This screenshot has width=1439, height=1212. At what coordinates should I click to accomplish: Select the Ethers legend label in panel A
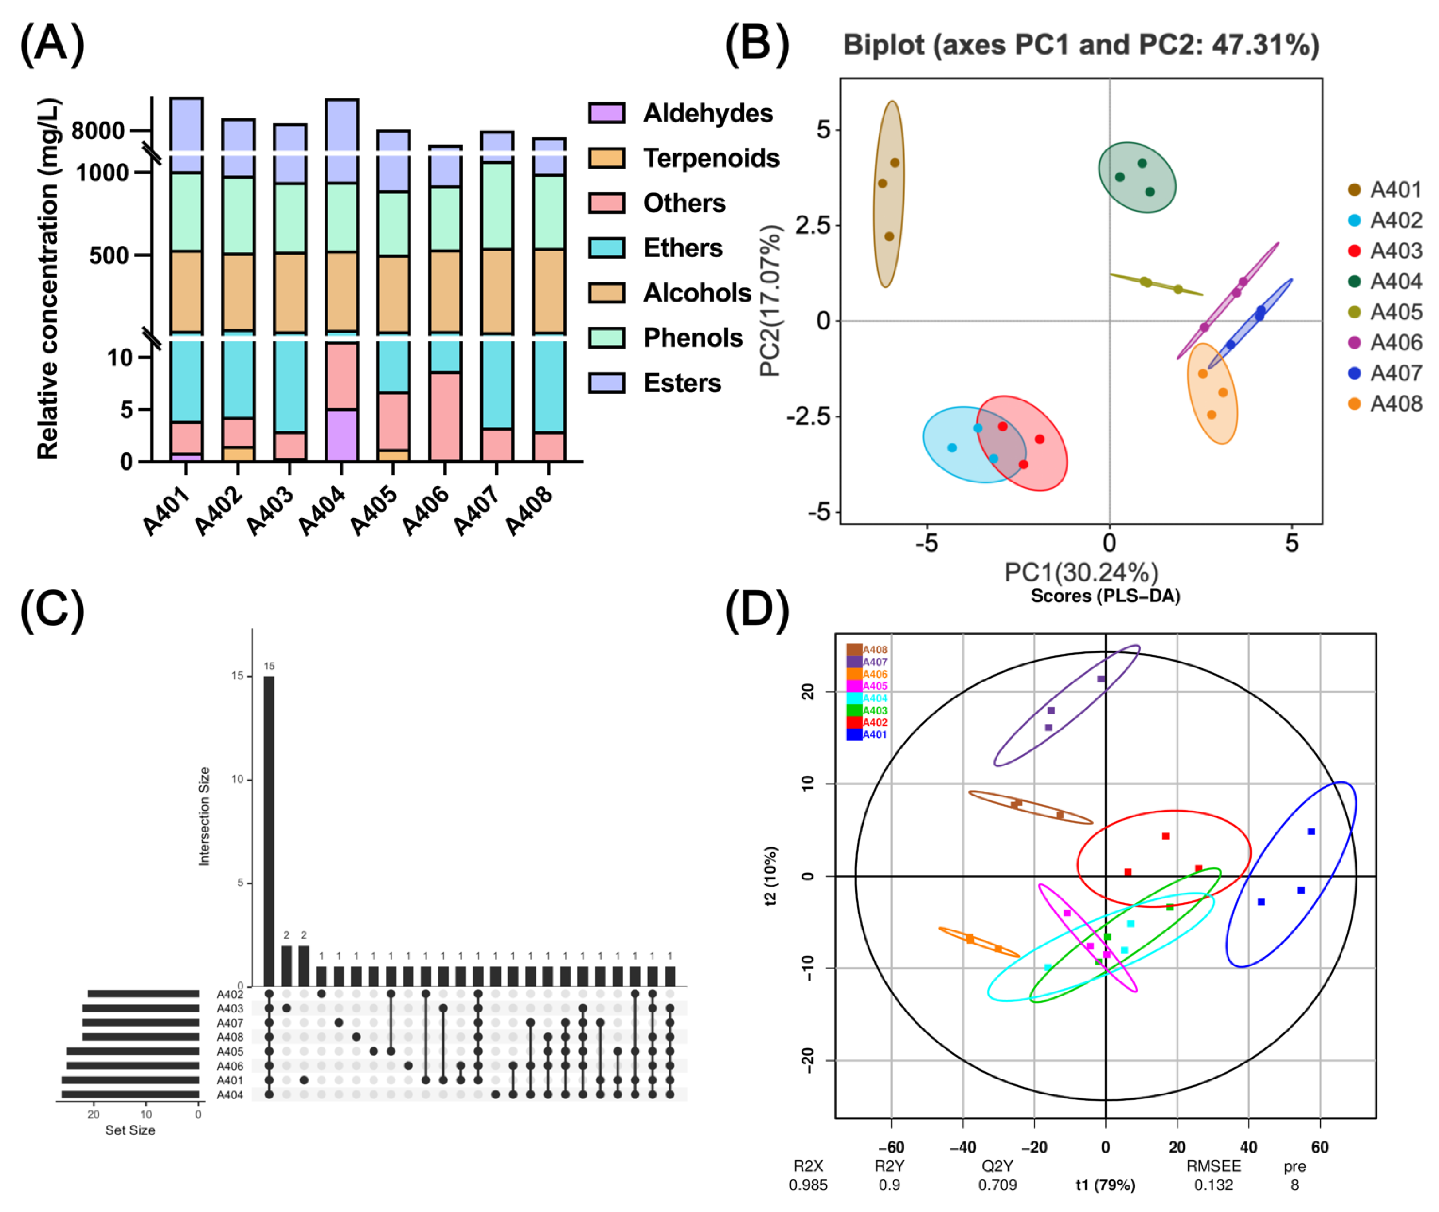(683, 248)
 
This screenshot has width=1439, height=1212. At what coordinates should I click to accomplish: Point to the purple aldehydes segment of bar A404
(341, 435)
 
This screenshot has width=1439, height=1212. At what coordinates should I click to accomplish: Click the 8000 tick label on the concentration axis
(98, 130)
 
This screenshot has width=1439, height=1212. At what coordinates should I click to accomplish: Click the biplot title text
(1080, 45)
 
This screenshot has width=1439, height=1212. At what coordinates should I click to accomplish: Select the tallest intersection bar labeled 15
(269, 832)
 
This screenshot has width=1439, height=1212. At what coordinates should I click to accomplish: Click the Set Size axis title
(130, 1130)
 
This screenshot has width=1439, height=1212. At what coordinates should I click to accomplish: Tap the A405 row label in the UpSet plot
(230, 1051)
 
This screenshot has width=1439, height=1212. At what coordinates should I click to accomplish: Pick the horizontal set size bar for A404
(130, 1094)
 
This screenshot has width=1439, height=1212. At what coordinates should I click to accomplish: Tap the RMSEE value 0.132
(1213, 1185)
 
